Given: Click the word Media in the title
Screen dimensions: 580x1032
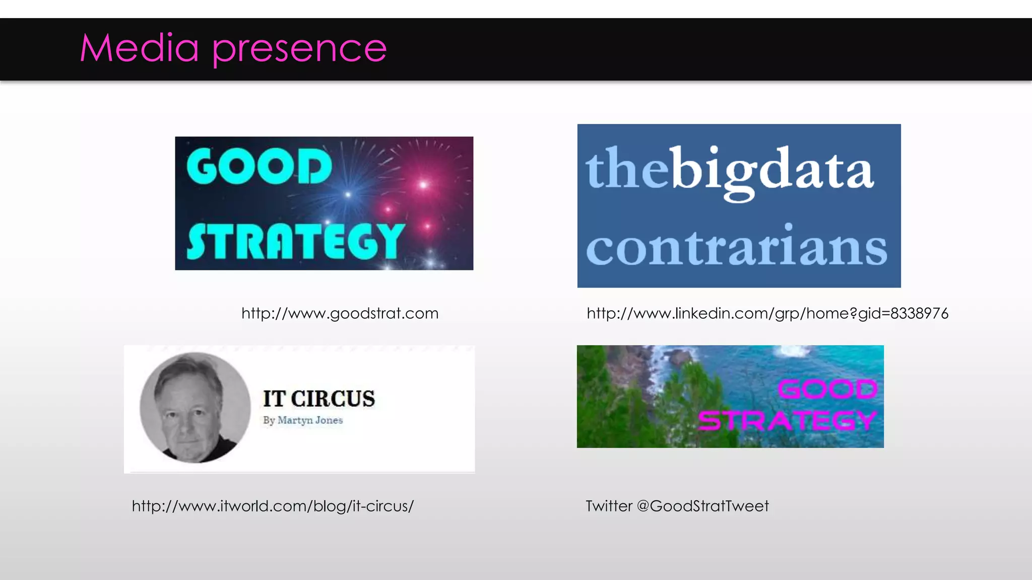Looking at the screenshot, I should pos(139,48).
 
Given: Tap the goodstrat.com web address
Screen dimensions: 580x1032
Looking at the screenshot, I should pos(340,314).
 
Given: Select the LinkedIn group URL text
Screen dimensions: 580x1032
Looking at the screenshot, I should pos(767,314).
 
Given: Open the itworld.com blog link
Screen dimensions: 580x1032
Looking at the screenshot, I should pos(273,506).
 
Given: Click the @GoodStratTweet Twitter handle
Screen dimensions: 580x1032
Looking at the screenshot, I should pos(702,506).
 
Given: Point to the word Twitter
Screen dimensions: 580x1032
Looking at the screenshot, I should pos(609,506).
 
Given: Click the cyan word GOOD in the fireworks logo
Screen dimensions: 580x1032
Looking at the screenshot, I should pos(259,166).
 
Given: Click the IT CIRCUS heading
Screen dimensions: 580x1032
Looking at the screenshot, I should pos(319,399).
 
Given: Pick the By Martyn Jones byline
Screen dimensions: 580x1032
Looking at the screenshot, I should pos(302,420).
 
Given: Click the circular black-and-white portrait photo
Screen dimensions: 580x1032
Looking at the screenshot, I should pos(195,407).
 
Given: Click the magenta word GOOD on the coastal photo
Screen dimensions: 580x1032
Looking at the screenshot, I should pos(827,389).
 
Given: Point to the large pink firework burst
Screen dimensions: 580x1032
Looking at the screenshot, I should pos(423,185).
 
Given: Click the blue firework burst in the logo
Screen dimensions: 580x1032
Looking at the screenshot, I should pos(348,194).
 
